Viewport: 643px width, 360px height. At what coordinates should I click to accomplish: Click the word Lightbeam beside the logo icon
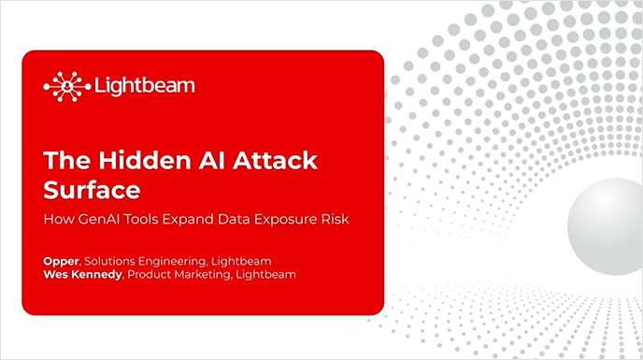coord(145,86)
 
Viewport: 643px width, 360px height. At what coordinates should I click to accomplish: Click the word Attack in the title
coord(271,160)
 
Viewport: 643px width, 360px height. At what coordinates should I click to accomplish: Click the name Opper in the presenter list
coord(61,261)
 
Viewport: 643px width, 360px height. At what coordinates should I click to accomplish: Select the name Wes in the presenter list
coord(56,274)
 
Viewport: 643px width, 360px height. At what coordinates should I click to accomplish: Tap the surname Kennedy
coord(98,274)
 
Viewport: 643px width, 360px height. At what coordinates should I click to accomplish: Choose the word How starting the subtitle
coord(58,220)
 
